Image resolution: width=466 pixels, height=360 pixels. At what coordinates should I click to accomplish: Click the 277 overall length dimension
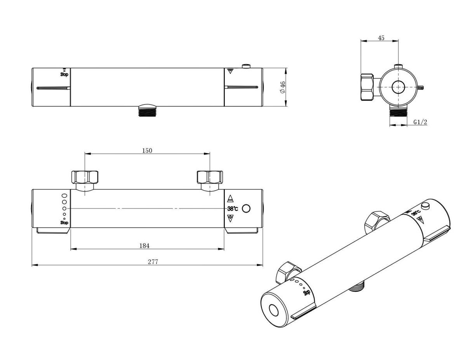[153, 262]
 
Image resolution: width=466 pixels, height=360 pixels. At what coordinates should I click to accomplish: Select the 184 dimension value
[144, 246]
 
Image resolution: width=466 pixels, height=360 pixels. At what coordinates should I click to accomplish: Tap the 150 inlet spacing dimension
[147, 151]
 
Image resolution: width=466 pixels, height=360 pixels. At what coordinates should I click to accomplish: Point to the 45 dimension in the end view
[381, 38]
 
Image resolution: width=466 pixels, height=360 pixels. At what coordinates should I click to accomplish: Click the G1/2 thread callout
[420, 122]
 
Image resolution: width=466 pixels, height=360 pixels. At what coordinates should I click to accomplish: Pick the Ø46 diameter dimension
[283, 87]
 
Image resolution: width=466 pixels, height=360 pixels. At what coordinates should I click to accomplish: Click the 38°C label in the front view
[233, 209]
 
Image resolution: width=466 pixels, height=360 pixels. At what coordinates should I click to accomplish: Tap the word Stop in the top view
[64, 75]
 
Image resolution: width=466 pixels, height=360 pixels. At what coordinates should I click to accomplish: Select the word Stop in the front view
[64, 223]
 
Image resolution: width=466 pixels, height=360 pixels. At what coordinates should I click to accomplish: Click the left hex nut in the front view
[85, 177]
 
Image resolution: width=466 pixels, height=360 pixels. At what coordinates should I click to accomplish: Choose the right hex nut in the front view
[210, 177]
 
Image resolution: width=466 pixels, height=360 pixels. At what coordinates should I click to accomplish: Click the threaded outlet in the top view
[147, 110]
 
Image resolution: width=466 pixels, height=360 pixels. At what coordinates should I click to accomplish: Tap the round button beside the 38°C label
[246, 209]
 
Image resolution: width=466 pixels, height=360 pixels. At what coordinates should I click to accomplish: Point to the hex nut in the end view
[367, 87]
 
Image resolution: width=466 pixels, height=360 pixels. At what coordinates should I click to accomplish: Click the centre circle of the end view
[398, 87]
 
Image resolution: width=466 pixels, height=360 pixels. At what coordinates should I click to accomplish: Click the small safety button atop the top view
[246, 66]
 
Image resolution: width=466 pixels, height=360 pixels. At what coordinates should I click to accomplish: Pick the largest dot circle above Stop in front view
[64, 196]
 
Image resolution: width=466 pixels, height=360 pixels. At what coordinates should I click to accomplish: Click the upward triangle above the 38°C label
[230, 198]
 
